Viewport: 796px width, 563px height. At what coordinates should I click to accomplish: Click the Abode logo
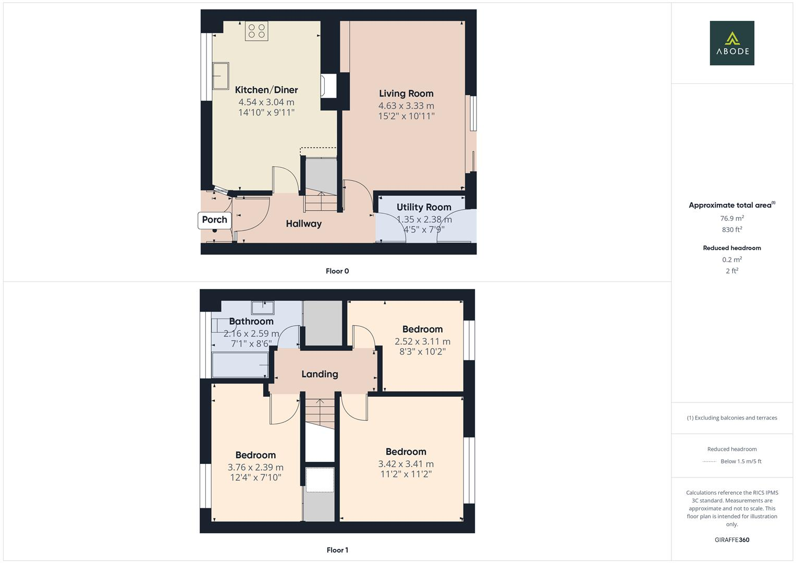point(732,43)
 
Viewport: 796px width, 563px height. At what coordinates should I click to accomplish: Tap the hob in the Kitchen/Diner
point(256,31)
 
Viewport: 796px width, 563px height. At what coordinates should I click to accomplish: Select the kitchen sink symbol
point(221,76)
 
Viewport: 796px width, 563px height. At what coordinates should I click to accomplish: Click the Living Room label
point(406,93)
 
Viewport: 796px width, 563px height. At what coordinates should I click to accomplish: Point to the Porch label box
point(215,219)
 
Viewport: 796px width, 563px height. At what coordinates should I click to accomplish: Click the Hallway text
point(303,224)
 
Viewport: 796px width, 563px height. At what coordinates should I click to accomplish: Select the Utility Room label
point(424,207)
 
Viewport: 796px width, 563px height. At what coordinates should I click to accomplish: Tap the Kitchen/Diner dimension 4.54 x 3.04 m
point(266,102)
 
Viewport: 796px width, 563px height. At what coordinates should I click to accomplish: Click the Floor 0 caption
point(337,271)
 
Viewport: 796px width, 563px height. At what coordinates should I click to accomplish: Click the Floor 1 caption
point(337,550)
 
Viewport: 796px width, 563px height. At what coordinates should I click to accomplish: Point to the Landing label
point(320,374)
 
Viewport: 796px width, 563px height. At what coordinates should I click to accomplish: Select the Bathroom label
point(251,321)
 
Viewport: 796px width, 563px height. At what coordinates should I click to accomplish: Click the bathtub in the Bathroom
point(240,364)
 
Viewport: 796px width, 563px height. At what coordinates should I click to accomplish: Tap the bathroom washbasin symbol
point(262,307)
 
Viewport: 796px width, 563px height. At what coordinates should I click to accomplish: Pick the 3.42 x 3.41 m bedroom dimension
point(406,464)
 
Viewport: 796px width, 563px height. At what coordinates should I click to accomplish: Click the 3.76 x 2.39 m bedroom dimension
point(255,467)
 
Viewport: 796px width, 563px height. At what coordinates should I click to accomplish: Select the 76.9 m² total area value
point(732,218)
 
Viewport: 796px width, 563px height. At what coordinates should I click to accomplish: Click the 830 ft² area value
point(732,229)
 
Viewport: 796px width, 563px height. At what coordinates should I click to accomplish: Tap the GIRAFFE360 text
point(732,540)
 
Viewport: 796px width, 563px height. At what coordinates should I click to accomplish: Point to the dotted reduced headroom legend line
point(709,461)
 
